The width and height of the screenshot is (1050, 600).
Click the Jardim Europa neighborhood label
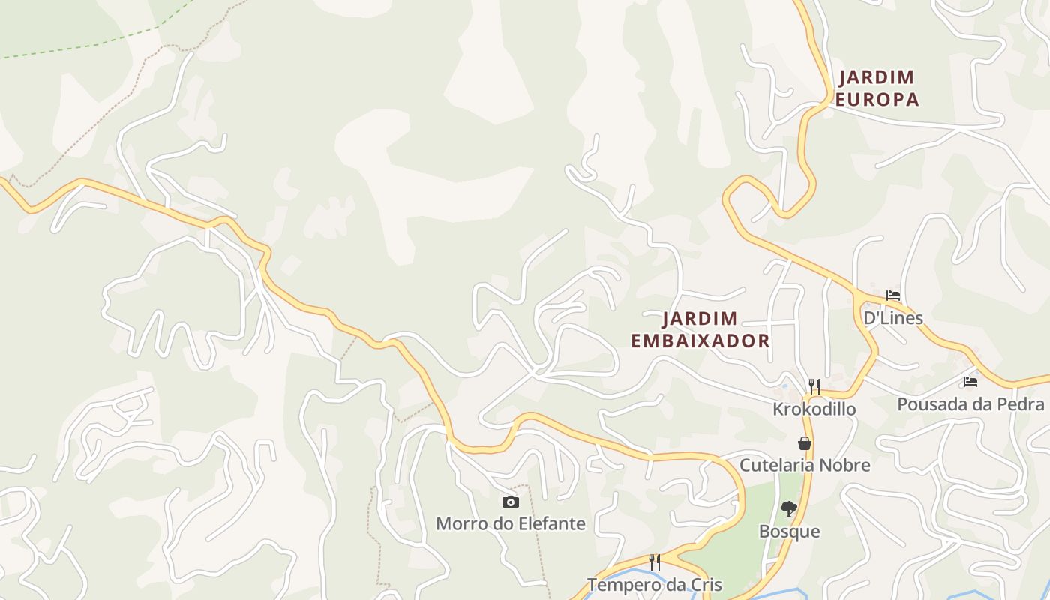pyautogui.click(x=877, y=88)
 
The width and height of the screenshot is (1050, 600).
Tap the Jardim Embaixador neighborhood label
pyautogui.click(x=700, y=329)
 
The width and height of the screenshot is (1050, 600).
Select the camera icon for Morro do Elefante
pyautogui.click(x=510, y=502)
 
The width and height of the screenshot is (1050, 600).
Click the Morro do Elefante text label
pyautogui.click(x=510, y=523)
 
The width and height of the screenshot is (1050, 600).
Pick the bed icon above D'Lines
pyautogui.click(x=892, y=295)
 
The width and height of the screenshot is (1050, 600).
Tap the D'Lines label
pyautogui.click(x=892, y=318)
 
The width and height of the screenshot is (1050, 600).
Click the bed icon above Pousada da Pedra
pyautogui.click(x=970, y=382)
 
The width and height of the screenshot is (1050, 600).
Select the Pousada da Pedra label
pyautogui.click(x=970, y=404)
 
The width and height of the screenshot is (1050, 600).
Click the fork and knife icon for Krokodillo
pyautogui.click(x=814, y=387)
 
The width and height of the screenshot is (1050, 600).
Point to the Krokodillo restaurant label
pyautogui.click(x=814, y=409)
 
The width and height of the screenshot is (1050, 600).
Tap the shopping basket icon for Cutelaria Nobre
pyautogui.click(x=805, y=443)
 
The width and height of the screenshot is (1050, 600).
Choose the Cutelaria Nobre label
pyautogui.click(x=805, y=465)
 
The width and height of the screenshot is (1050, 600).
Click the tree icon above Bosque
pyautogui.click(x=788, y=509)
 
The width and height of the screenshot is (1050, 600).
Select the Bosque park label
pyautogui.click(x=789, y=532)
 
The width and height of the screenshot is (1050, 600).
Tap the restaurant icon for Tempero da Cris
pyautogui.click(x=655, y=562)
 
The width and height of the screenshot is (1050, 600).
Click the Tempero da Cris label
pyautogui.click(x=655, y=585)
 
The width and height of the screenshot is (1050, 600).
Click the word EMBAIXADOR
pyautogui.click(x=700, y=340)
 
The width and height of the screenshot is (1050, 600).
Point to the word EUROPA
pyautogui.click(x=877, y=99)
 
